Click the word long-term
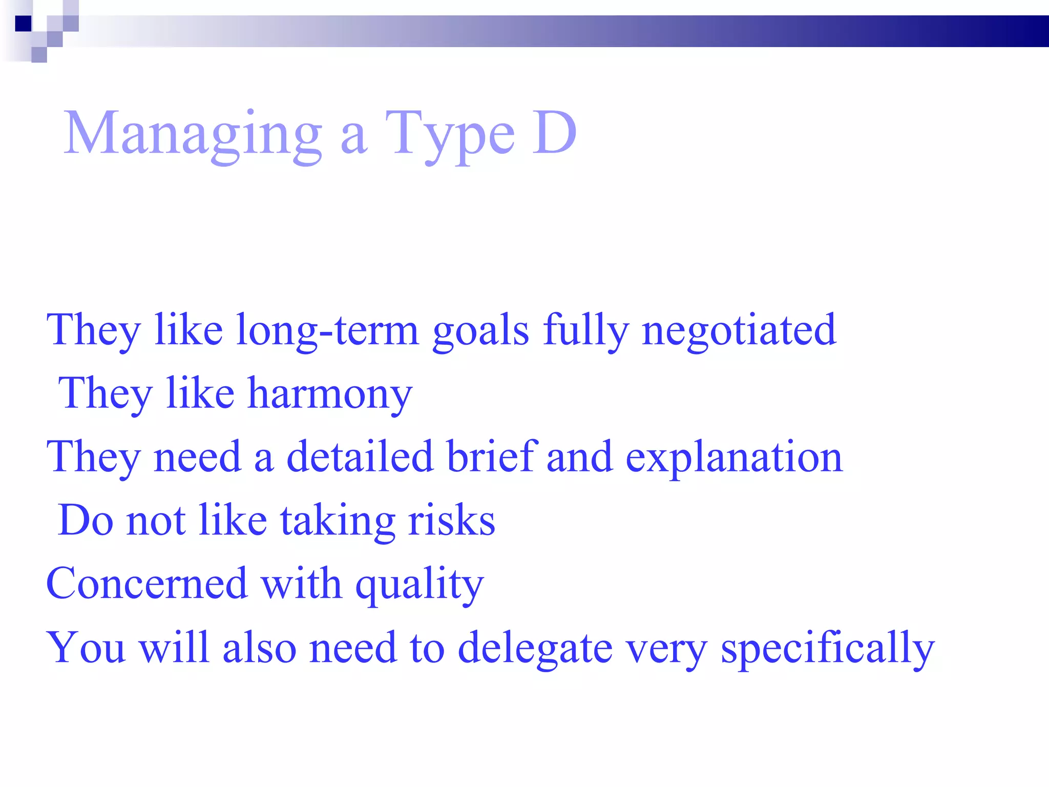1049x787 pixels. (328, 331)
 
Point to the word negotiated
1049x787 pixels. (739, 331)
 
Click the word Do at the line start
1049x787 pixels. (86, 521)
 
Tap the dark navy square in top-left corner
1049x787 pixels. (24, 24)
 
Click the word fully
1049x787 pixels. (585, 331)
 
